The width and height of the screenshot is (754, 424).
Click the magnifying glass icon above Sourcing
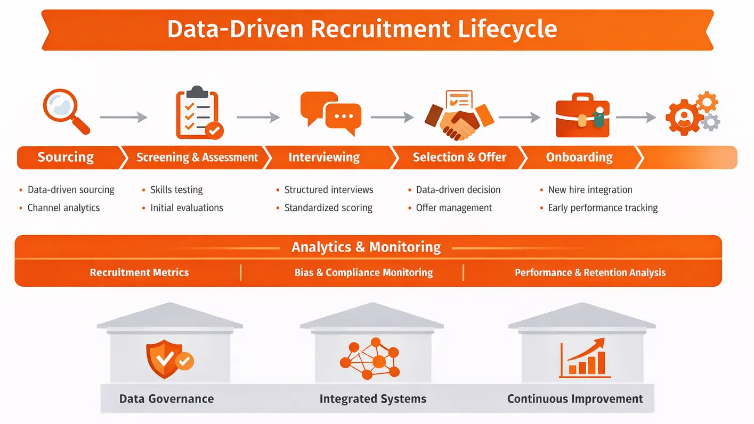pos(65,111)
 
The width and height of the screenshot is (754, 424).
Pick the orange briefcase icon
pos(583,116)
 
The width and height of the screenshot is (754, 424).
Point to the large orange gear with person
pos(684,117)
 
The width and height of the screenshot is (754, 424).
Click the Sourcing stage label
pos(66,157)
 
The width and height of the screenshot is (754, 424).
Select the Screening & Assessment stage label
pos(197,157)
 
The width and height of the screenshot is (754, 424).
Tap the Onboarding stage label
pos(579,157)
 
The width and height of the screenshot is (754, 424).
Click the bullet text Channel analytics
pos(63,208)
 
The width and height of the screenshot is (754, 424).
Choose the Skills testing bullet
pos(176,190)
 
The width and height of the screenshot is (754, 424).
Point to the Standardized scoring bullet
pos(328,208)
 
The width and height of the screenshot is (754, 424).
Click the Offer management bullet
pos(454,208)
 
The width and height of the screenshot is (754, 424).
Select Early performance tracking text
pos(603,208)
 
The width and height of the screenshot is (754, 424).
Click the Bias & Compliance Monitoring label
pos(363,273)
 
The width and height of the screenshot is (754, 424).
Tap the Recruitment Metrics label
pos(139,273)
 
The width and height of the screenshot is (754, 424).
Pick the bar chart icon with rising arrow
pos(582,358)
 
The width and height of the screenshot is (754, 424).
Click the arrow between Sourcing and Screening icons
pos(123,118)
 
